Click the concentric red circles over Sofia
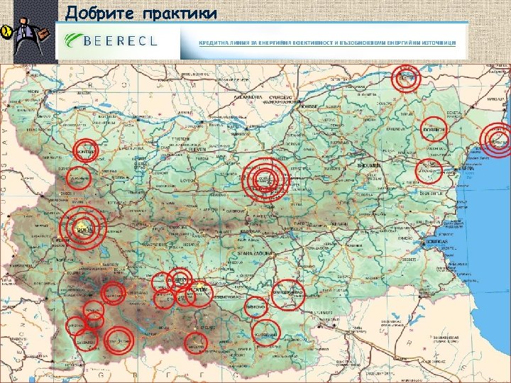click(84, 228)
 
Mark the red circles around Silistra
click(407, 78)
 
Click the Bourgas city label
click(434, 242)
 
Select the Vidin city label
click(33, 91)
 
